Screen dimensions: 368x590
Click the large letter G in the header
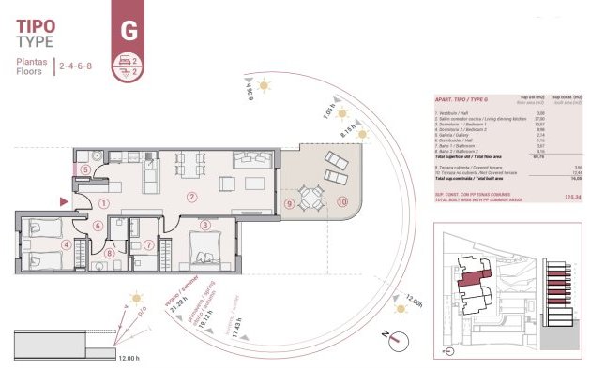[x=129, y=29]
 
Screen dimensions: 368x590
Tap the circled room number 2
[x=191, y=197]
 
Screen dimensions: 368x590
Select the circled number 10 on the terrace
[x=342, y=200]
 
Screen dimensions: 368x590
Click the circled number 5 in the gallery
[x=85, y=169]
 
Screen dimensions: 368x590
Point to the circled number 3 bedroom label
[x=204, y=225]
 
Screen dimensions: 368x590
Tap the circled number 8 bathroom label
[x=111, y=252]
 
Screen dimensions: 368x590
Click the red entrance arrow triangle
[x=63, y=200]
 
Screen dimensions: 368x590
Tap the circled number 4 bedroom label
[x=66, y=245]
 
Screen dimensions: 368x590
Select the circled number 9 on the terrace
[x=290, y=203]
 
